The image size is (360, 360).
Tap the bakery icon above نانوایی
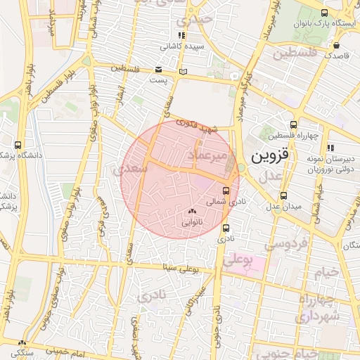[x=192, y=210]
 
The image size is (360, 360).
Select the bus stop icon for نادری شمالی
[x=226, y=190]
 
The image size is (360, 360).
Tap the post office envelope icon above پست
[x=158, y=70]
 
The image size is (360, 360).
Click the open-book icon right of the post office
[x=183, y=71]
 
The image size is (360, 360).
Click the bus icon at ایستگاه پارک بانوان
[x=325, y=13]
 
